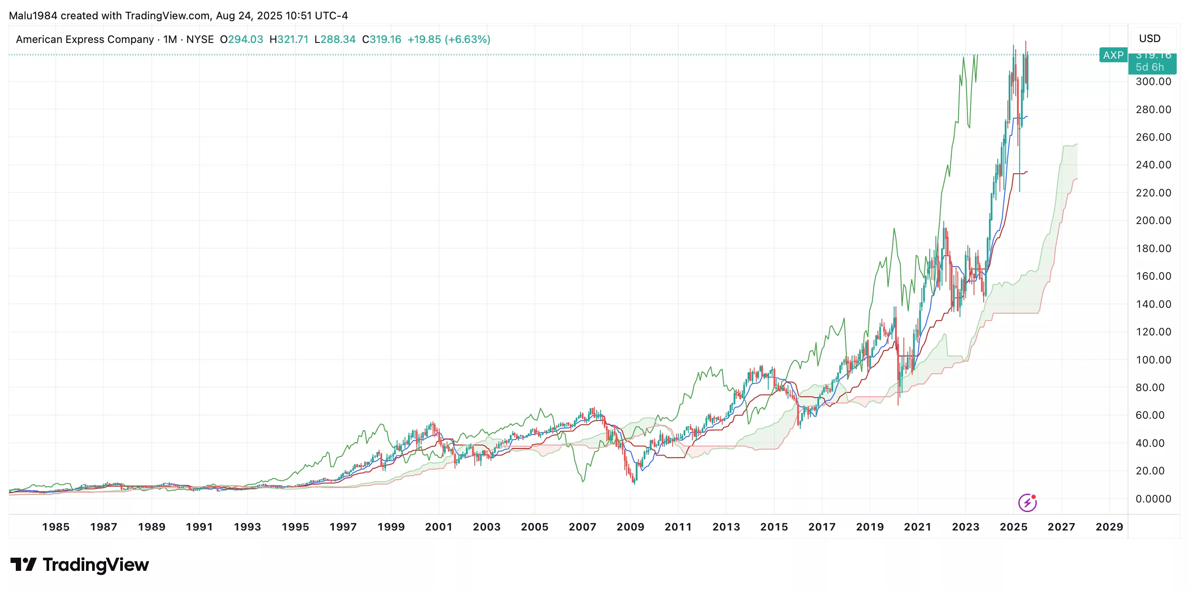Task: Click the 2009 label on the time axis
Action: pos(630,527)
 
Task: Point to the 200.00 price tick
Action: pos(1153,221)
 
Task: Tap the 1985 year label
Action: pos(55,527)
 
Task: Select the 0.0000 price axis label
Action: pos(1153,499)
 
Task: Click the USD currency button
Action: pos(1150,38)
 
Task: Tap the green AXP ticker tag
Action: pos(1113,55)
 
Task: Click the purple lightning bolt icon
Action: pos(1027,502)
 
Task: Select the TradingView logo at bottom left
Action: pos(79,565)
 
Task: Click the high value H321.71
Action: pos(289,39)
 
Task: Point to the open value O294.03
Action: pos(241,39)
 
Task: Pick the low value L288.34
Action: pos(335,39)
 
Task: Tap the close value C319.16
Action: pos(382,39)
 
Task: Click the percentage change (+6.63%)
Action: pos(467,39)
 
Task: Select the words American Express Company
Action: pos(85,39)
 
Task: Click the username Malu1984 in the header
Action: pos(33,16)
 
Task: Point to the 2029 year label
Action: pos(1109,527)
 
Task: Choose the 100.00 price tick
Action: pos(1153,360)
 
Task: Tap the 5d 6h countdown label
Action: pos(1150,68)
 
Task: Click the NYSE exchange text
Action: pos(200,39)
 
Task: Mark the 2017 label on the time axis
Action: pos(822,527)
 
